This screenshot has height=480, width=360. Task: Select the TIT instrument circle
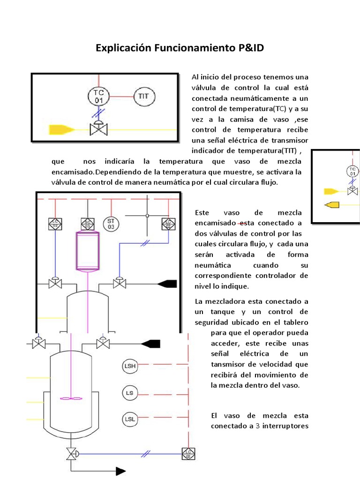click(144, 97)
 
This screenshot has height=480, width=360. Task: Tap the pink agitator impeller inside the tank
click(71, 398)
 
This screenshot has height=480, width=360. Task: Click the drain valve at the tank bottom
click(71, 453)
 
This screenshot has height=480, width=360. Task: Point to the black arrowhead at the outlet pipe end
click(120, 471)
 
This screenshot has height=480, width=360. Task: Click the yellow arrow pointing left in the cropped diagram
click(332, 204)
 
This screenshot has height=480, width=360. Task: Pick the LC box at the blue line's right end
click(188, 453)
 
